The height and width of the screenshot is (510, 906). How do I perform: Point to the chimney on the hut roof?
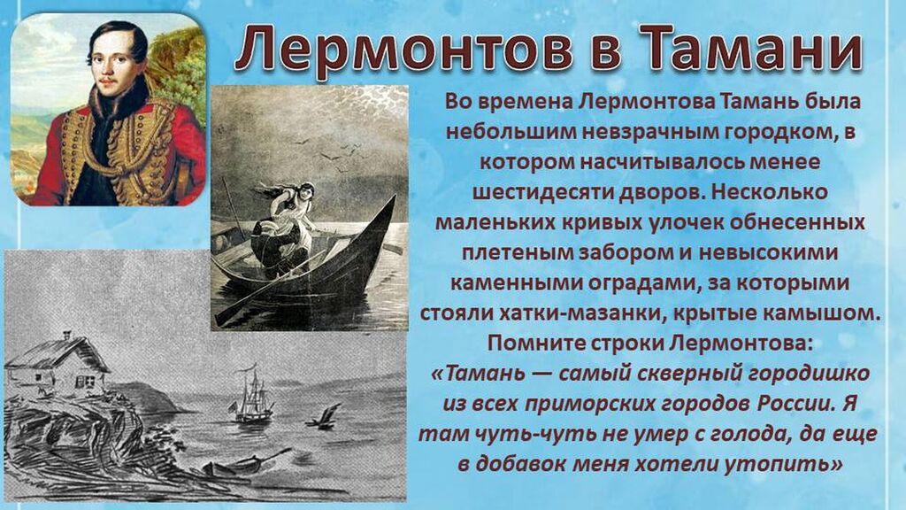67,334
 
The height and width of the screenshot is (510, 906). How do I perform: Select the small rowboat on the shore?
242,462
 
